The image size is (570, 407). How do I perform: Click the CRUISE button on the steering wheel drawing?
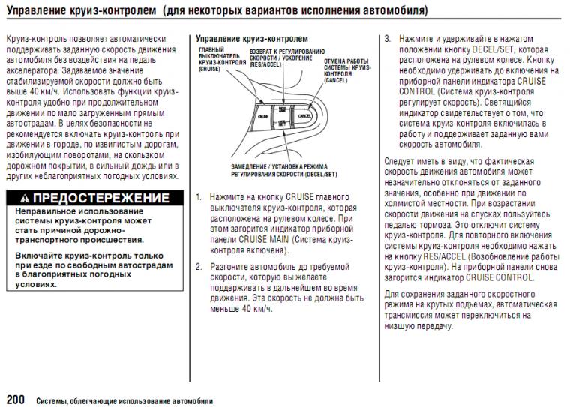click(262, 118)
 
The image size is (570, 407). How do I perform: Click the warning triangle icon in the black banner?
click(25, 199)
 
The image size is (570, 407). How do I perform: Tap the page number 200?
click(16, 397)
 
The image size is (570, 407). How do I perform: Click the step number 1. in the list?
click(199, 197)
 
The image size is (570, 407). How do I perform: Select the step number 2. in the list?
click(199, 267)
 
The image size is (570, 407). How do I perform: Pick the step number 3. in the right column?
click(388, 37)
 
